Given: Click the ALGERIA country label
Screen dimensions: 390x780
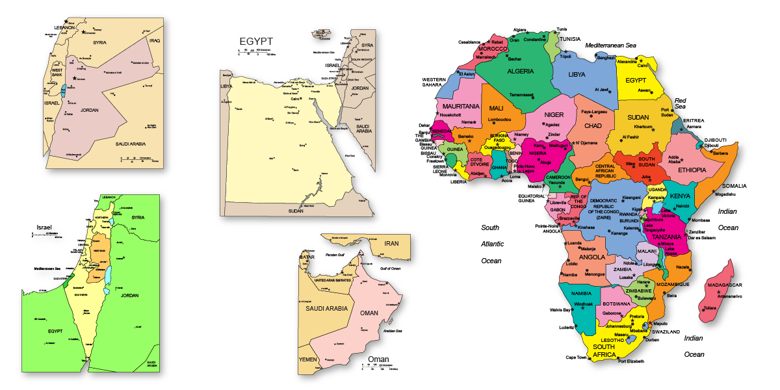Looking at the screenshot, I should coord(520,71).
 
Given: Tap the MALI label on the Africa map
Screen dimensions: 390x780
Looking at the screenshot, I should coord(496,108).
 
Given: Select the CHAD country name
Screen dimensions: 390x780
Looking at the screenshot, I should coord(593,125).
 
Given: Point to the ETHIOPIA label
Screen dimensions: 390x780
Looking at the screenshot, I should coord(692,170).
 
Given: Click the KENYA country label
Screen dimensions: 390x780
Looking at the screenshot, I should coord(680,196).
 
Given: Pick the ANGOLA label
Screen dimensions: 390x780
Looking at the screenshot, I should coord(592,257).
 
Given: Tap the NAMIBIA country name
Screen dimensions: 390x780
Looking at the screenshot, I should coord(581,294).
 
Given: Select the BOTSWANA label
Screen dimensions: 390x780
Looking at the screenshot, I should coord(616,304).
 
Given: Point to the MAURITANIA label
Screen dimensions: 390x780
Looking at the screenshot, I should coord(461,105).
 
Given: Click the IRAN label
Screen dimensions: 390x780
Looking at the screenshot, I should coord(391,243).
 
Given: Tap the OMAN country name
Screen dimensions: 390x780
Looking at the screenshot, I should coord(369,313).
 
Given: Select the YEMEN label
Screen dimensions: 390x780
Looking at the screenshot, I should coord(307,359).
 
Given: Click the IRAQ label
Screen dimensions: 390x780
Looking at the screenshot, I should coord(154,40).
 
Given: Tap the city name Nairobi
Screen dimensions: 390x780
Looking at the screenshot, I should coord(682,206).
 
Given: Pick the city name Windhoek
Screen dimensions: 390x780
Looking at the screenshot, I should coord(580,304).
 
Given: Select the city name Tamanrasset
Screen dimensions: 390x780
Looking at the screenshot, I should coord(521,95).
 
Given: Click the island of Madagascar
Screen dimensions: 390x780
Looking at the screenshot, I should coord(717,292).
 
